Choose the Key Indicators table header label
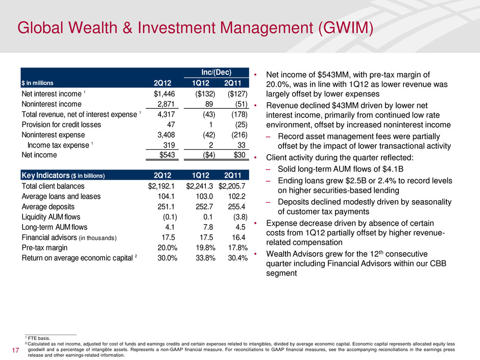coord(63,176)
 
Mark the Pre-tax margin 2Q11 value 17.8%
coord(236,248)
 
